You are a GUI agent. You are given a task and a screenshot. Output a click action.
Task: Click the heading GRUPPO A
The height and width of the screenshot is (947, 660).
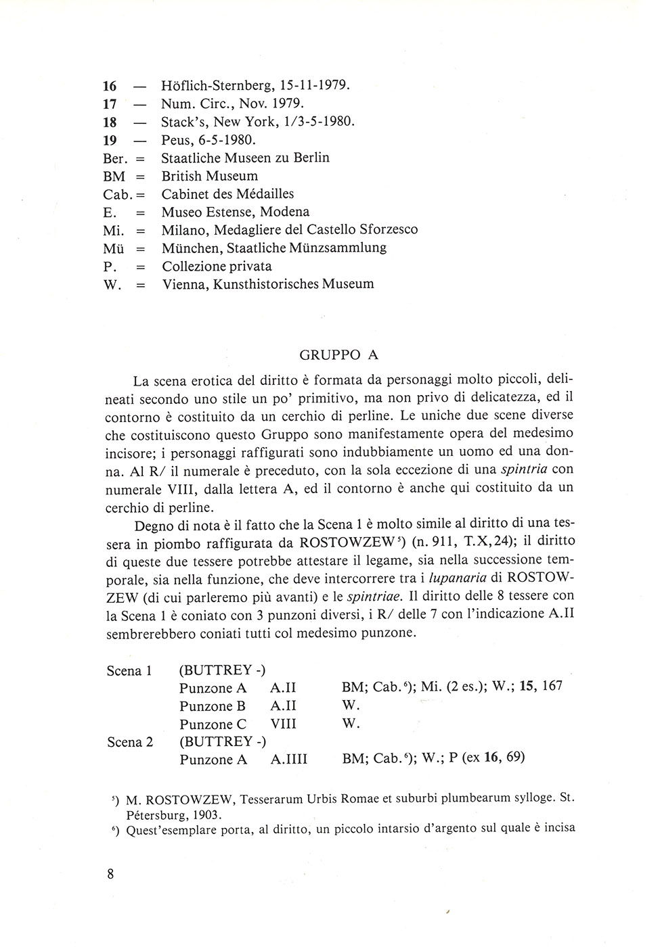(339, 354)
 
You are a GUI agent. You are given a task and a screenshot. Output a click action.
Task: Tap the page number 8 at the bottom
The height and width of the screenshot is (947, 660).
(110, 873)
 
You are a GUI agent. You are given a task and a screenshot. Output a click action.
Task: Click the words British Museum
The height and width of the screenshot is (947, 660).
(210, 176)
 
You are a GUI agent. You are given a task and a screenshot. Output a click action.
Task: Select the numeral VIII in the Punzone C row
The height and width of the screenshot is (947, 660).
(284, 724)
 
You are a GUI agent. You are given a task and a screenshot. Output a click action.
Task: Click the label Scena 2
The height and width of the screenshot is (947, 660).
(130, 742)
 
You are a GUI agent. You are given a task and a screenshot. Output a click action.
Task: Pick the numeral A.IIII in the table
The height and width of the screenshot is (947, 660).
(289, 760)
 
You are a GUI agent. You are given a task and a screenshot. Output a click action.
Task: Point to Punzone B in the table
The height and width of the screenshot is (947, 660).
(213, 706)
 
